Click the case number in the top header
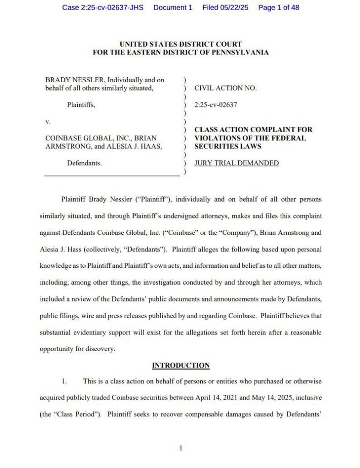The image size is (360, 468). [x=102, y=8]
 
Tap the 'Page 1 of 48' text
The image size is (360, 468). [x=279, y=8]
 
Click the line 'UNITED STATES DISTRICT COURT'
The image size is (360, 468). [x=180, y=44]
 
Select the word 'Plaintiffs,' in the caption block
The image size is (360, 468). [x=81, y=105]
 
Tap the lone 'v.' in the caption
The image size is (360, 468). [x=48, y=122]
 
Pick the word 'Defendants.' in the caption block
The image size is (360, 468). [x=85, y=163]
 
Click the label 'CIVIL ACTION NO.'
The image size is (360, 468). [x=226, y=88]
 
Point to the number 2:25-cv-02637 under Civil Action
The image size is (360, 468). [x=216, y=105]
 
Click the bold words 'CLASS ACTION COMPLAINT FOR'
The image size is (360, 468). [x=253, y=130]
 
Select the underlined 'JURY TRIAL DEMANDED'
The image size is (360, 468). [x=236, y=163]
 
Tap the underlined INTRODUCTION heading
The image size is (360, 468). [x=181, y=365]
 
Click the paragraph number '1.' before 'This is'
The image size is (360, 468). [x=65, y=381]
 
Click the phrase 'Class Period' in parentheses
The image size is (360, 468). [x=76, y=414]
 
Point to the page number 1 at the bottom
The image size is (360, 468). [x=181, y=448]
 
